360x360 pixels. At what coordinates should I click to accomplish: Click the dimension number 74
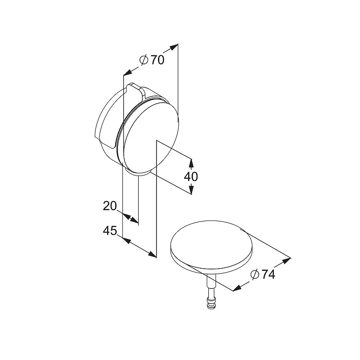click(268, 274)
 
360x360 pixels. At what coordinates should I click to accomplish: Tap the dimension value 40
click(191, 176)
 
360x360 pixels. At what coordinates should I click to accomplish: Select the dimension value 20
click(110, 206)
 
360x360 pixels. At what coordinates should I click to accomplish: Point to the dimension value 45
click(110, 230)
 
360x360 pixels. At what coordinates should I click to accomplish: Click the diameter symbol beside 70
click(144, 60)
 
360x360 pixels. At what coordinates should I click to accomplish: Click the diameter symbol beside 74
click(255, 274)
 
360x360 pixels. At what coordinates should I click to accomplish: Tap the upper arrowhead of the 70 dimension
click(174, 47)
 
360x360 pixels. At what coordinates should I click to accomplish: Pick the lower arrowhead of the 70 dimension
click(128, 72)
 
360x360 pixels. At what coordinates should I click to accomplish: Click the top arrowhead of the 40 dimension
click(191, 163)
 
